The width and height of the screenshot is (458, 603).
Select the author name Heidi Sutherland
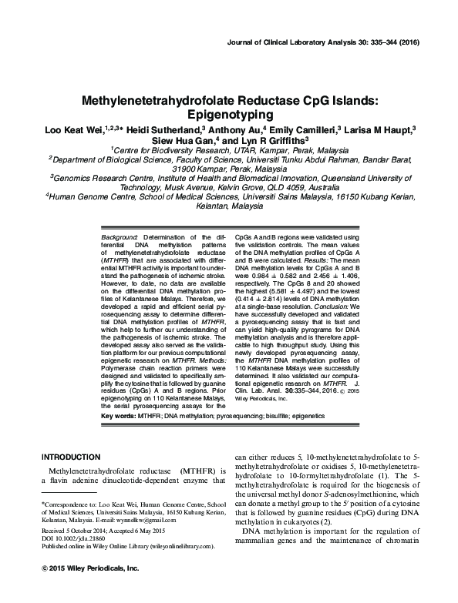point(159,129)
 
